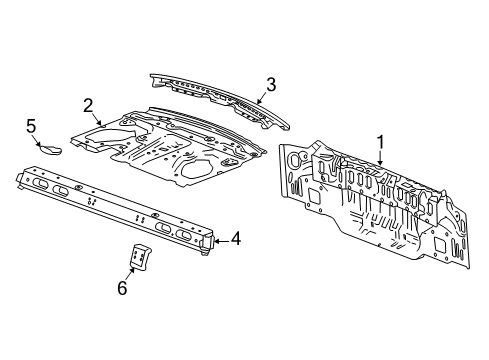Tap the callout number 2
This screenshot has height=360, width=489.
click(x=88, y=104)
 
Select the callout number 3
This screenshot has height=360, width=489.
click(x=270, y=84)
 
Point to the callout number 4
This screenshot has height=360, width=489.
click(x=235, y=238)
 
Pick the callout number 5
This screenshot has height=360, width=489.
click(x=30, y=125)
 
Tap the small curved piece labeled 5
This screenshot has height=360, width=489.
click(x=49, y=149)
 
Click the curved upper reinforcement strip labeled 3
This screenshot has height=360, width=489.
click(x=215, y=95)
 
